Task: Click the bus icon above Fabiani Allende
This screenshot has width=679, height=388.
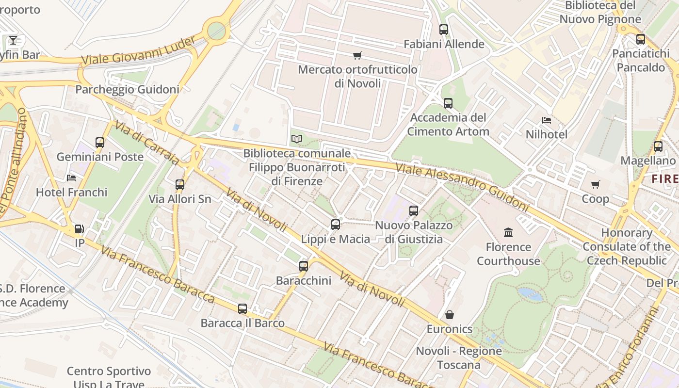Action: point(444,30)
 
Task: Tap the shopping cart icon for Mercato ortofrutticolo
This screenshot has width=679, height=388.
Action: point(357,55)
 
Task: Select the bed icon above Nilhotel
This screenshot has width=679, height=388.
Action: point(547,120)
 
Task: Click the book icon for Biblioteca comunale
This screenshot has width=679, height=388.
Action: point(297,139)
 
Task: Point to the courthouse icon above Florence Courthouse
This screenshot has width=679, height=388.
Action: point(508,233)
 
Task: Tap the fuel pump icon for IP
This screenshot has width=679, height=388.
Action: point(79,229)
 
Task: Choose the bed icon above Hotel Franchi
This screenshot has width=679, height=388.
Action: point(71,178)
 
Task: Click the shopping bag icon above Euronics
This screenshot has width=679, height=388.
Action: point(450,315)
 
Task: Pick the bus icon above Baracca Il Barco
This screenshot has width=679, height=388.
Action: point(242,308)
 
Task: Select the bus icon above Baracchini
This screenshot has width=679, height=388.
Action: point(304,266)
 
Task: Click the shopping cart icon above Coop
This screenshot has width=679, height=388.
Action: point(596,184)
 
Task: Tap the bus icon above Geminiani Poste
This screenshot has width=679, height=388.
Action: point(100,143)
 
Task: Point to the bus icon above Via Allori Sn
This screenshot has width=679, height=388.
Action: point(180,185)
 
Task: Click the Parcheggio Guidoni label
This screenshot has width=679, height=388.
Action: point(127,89)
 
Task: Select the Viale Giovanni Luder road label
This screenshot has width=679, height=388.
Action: point(138,51)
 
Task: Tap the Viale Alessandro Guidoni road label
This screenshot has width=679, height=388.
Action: point(462,187)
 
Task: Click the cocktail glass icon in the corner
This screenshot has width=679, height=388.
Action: point(13,40)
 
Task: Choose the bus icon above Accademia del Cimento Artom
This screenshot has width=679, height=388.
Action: point(448,103)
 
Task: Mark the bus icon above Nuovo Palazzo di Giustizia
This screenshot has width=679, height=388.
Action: point(414,211)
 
